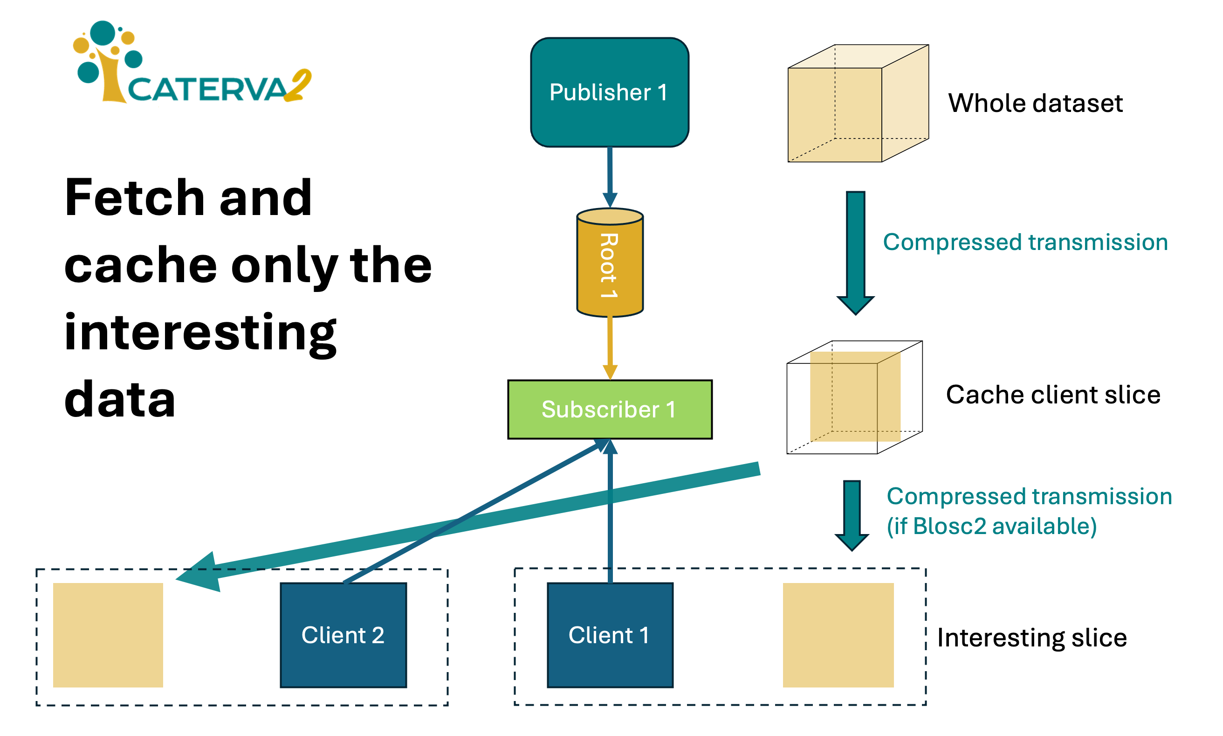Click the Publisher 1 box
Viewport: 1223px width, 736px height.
pyautogui.click(x=609, y=92)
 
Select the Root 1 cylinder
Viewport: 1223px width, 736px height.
pyautogui.click(x=610, y=263)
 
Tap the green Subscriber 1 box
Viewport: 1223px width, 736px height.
pyautogui.click(x=610, y=409)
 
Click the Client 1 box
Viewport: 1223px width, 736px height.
pyautogui.click(x=610, y=635)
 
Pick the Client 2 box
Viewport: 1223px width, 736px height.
pyautogui.click(x=343, y=635)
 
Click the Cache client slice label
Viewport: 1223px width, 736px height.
pyautogui.click(x=1052, y=395)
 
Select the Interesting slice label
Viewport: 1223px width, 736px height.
pyautogui.click(x=1032, y=637)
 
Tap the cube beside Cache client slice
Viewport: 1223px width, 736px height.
pyautogui.click(x=854, y=397)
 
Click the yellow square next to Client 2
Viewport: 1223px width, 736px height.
pyautogui.click(x=108, y=635)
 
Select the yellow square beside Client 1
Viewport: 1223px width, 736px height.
pyautogui.click(x=838, y=635)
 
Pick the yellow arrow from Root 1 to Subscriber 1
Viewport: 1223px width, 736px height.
pyautogui.click(x=610, y=347)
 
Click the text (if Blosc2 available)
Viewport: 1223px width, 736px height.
pyautogui.click(x=991, y=526)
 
